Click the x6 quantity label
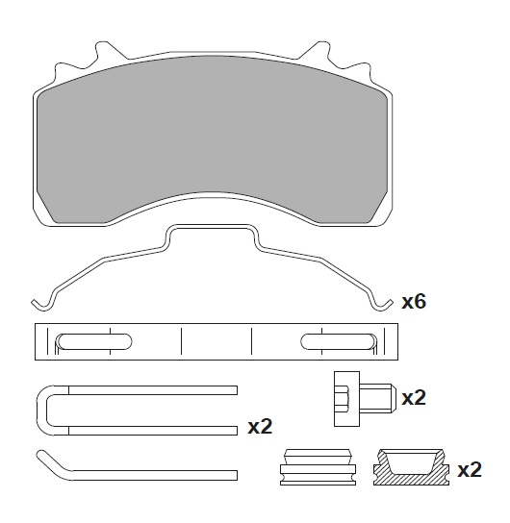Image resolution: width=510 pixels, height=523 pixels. pos(414,302)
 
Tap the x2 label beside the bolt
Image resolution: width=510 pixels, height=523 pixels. pos(414,398)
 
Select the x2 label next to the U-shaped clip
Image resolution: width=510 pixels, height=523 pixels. pos(260,426)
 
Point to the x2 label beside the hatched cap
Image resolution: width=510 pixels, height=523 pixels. pos(470,469)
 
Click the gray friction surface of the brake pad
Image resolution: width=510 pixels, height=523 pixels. pos(213,140)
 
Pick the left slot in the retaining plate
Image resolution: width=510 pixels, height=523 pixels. pos(93,341)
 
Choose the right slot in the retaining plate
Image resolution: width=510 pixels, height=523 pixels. pos(338,341)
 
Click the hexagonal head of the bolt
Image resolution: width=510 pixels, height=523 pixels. pos(346,399)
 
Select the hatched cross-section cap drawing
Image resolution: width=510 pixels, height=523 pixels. pos(411,467)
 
